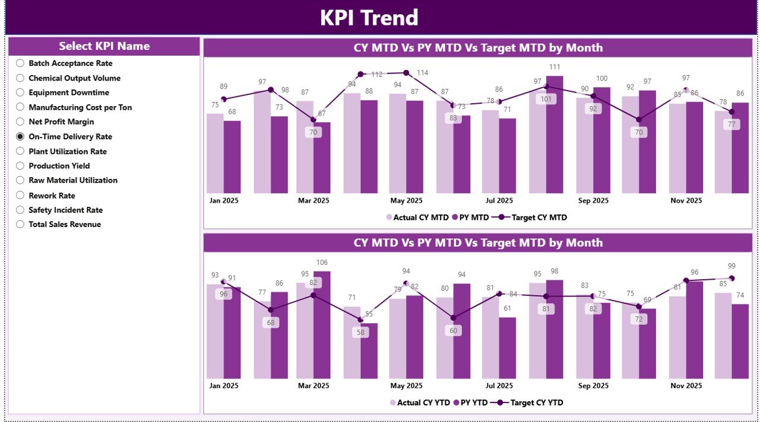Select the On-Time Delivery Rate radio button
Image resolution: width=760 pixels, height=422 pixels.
[x=20, y=136]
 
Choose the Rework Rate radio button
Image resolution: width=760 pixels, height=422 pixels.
[x=20, y=195]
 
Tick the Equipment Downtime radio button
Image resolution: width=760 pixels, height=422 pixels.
[x=20, y=92]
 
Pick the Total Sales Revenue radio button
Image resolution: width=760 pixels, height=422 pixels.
[x=20, y=224]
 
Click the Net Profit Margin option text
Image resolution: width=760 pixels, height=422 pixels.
[x=61, y=122]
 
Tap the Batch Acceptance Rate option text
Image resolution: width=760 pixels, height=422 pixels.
[x=70, y=63]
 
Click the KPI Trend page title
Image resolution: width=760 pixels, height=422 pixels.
[x=369, y=18]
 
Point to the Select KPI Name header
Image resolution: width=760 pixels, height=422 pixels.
[x=104, y=46]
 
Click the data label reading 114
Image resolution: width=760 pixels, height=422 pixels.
[x=422, y=73]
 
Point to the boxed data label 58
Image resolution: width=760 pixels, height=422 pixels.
[x=360, y=333]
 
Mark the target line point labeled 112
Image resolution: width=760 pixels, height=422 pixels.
[x=360, y=74]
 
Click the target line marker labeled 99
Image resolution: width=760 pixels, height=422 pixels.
[x=731, y=278]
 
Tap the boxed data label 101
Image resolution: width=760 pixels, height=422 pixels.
[x=546, y=99]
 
